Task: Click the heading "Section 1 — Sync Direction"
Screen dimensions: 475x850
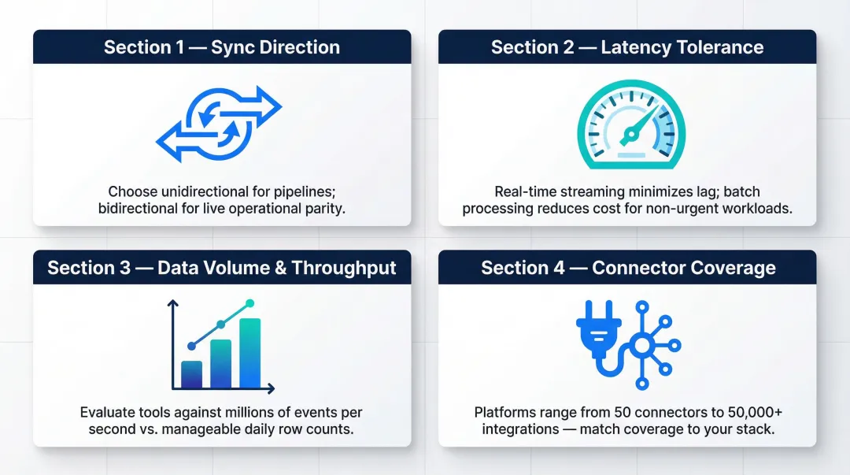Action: point(221,47)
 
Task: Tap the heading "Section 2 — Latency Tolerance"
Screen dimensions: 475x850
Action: point(626,47)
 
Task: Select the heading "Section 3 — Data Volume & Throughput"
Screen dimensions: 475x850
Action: point(221,268)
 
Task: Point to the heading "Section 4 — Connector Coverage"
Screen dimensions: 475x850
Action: point(626,268)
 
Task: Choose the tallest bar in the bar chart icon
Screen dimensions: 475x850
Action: point(250,352)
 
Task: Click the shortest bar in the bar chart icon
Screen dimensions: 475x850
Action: point(191,374)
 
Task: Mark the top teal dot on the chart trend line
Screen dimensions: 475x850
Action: point(250,303)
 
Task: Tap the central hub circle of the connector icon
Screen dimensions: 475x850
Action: point(642,345)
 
